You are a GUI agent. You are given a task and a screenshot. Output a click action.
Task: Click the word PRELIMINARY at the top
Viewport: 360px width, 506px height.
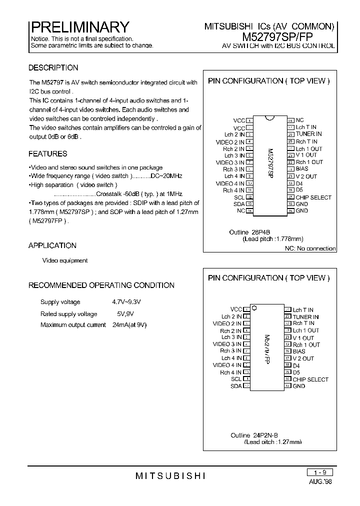(x=80, y=26)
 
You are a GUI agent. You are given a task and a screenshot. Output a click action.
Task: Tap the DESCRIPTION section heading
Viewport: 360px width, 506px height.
(x=53, y=68)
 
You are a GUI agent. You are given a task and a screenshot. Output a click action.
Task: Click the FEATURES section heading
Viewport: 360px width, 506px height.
(x=48, y=154)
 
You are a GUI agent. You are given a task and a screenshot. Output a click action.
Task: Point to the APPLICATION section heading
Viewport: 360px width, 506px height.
(x=52, y=245)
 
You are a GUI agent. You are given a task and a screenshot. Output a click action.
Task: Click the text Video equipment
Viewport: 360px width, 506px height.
(x=65, y=260)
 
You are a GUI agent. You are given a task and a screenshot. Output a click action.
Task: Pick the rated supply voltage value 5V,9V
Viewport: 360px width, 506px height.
(x=125, y=314)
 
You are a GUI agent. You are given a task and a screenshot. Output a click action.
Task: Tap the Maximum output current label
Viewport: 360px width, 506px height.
(x=73, y=325)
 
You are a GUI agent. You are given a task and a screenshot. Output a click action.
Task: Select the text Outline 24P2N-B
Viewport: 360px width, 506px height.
(x=254, y=435)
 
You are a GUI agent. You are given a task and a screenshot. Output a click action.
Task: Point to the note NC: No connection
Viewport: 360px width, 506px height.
(x=310, y=248)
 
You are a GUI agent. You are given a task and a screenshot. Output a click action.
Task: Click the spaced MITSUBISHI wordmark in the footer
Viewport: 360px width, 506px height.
(x=170, y=475)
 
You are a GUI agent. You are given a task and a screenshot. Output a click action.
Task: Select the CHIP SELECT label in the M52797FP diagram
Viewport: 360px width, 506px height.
(x=310, y=379)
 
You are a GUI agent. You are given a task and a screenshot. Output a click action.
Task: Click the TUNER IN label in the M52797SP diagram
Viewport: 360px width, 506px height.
(x=308, y=134)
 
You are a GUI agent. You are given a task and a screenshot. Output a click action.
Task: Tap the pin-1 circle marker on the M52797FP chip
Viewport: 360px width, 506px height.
(x=254, y=308)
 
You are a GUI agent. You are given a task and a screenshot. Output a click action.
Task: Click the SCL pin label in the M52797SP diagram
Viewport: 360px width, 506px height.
(x=239, y=197)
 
